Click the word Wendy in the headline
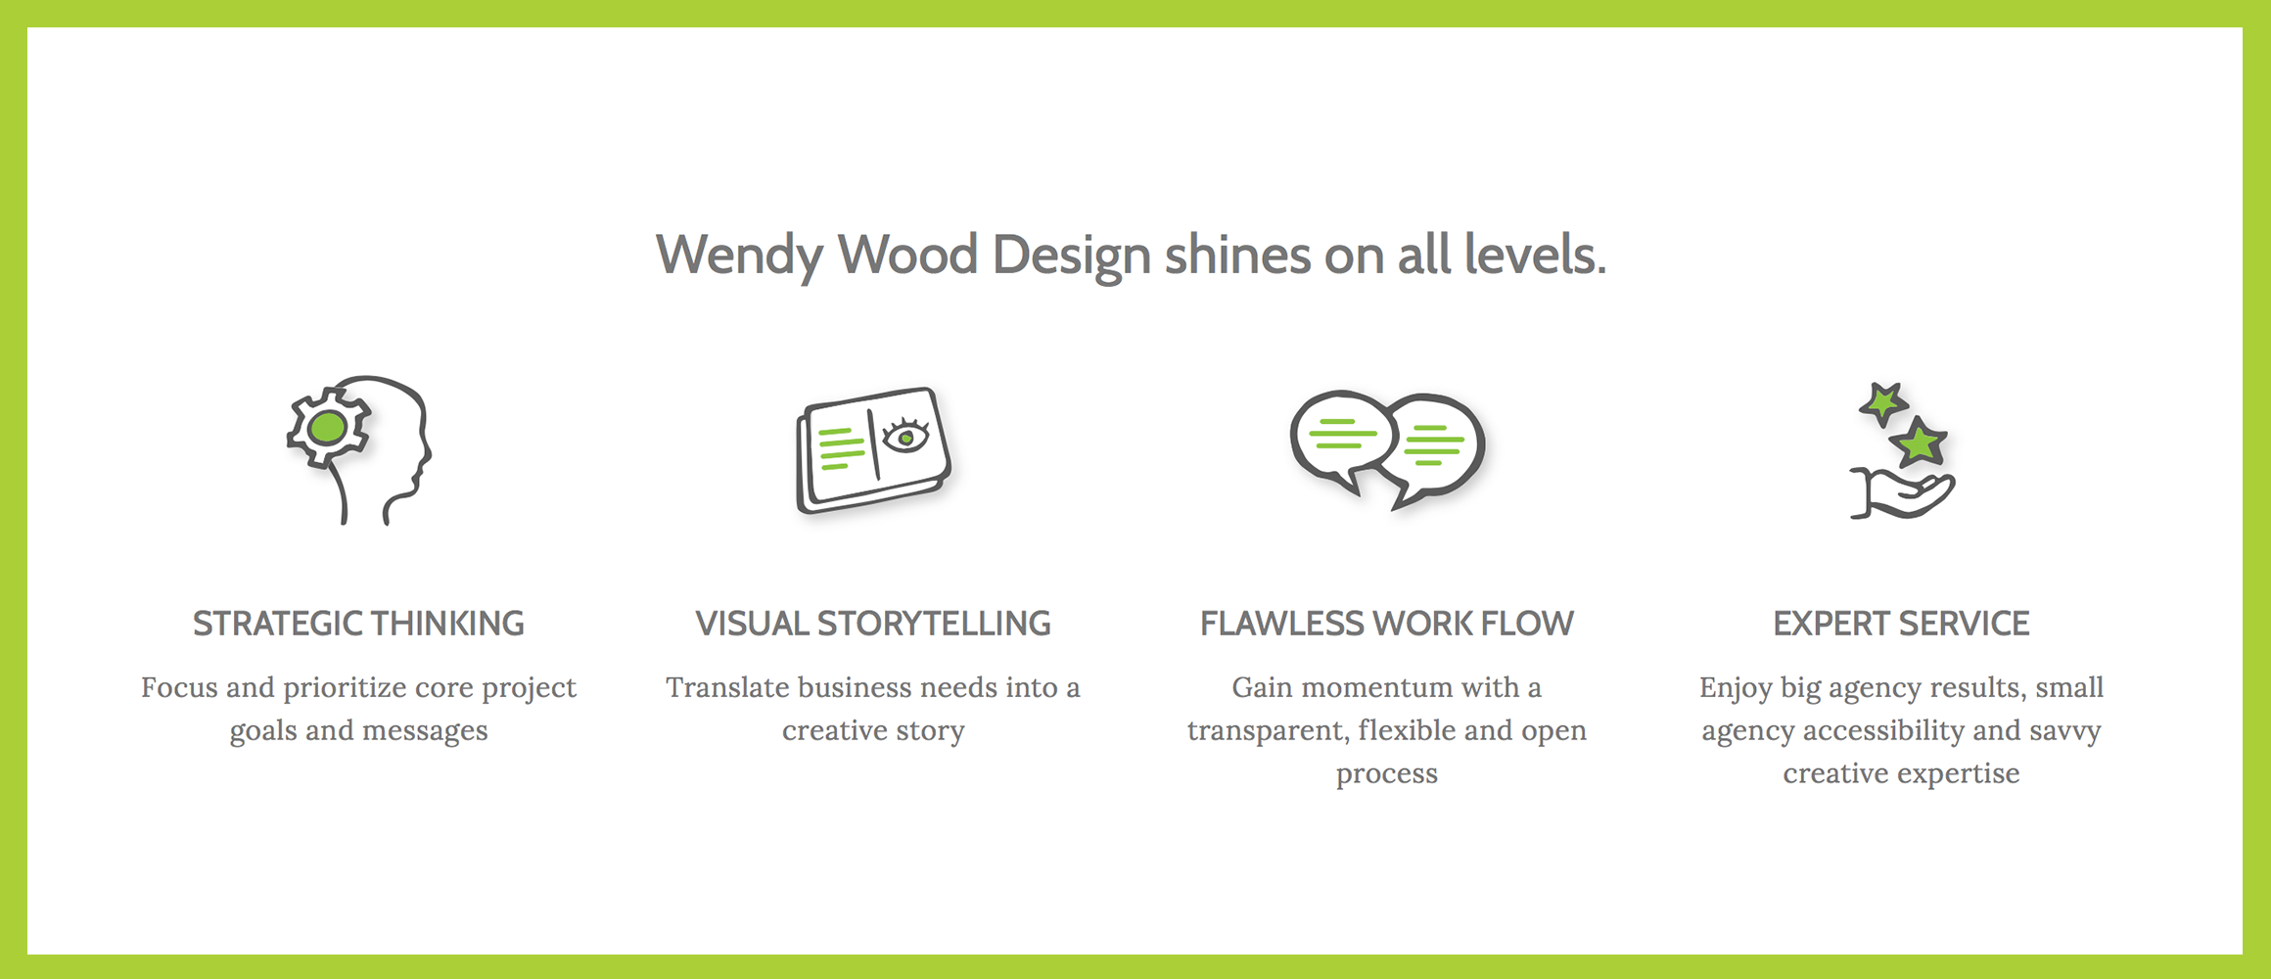739,256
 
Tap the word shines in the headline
1237,255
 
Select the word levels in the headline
1535,255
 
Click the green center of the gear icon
327,428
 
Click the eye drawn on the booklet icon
905,435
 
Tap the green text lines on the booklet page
841,447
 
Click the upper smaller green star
1882,402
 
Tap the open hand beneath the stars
1902,494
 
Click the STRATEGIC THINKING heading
358,624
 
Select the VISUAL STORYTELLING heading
873,624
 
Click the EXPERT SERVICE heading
1901,624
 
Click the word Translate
727,687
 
